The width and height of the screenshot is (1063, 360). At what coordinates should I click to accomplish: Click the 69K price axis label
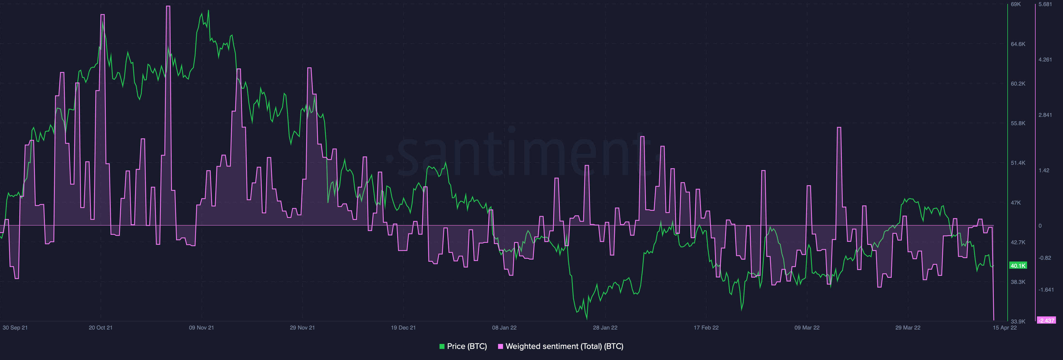tap(1016, 4)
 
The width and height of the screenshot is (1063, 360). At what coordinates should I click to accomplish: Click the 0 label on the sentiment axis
tap(1040, 226)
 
